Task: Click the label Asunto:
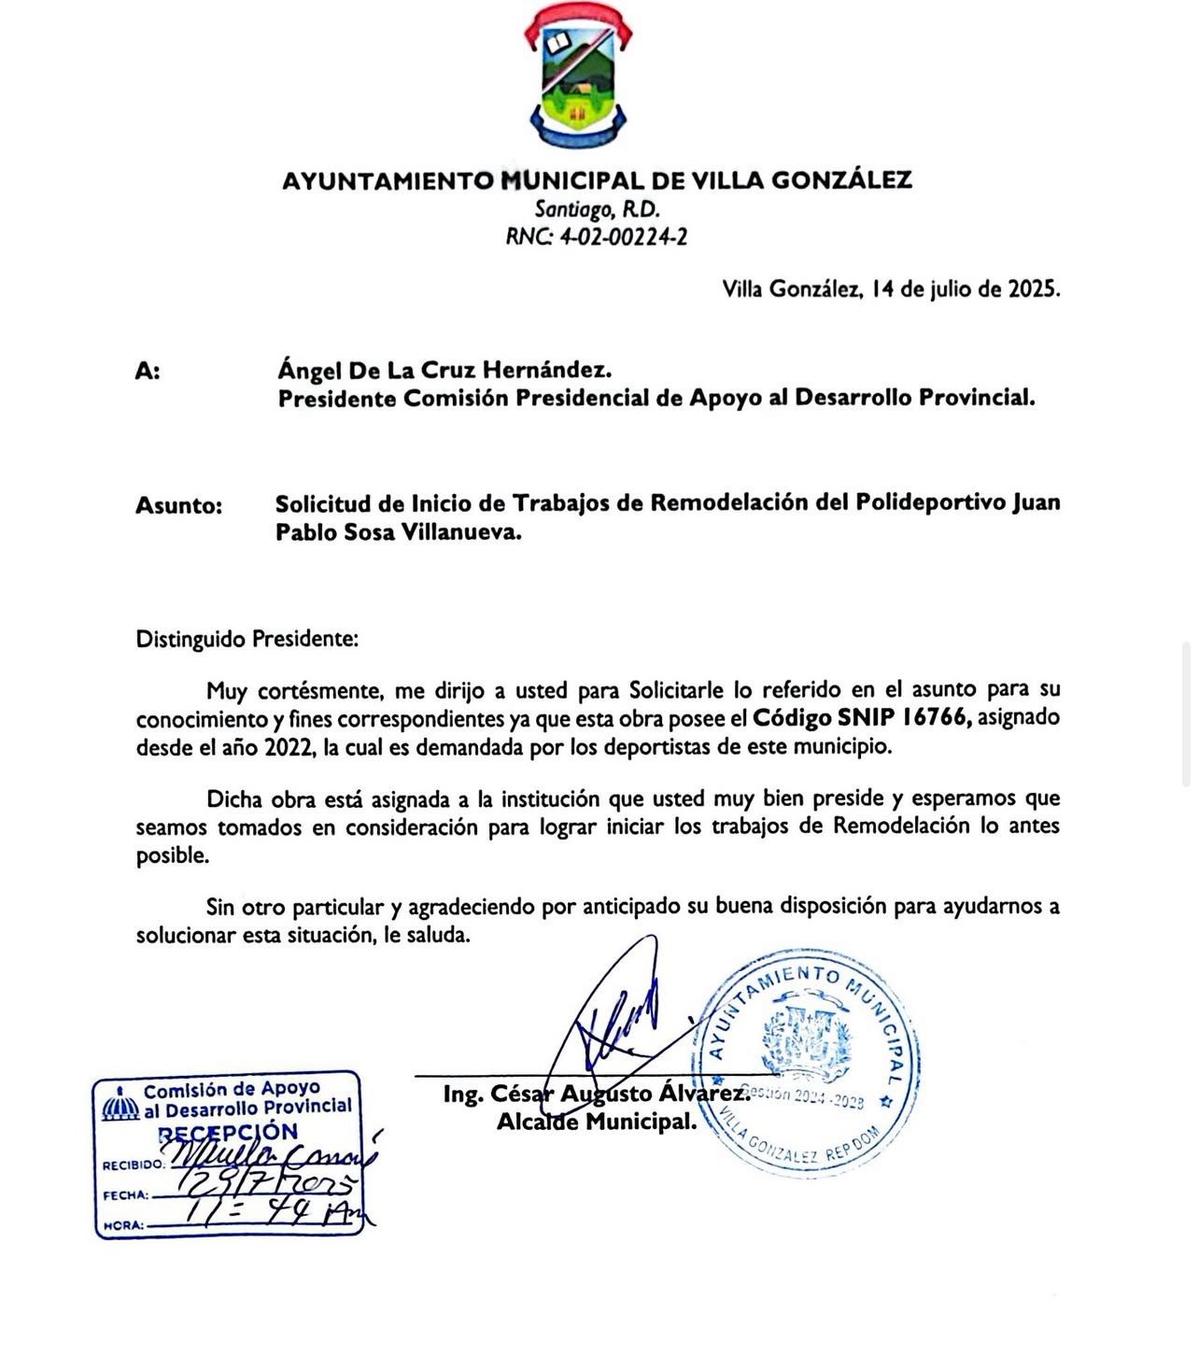pyautogui.click(x=179, y=506)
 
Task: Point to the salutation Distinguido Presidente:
pyautogui.click(x=247, y=640)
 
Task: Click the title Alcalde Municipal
pyautogui.click(x=597, y=1122)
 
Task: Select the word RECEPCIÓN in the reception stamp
pyautogui.click(x=228, y=1132)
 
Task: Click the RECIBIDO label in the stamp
pyautogui.click(x=134, y=1166)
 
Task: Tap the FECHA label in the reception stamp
pyautogui.click(x=126, y=1195)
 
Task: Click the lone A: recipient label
pyautogui.click(x=148, y=372)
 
